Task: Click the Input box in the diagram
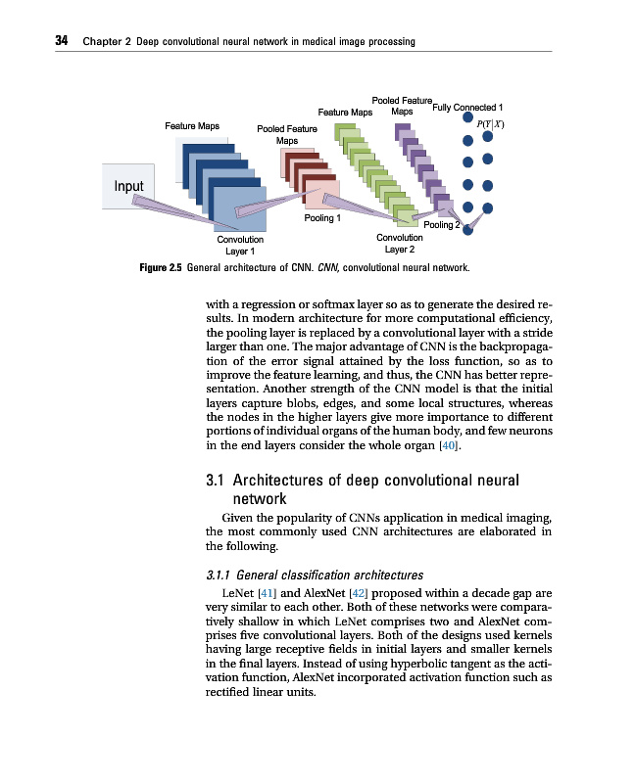[x=128, y=186]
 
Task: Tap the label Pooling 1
[x=322, y=218]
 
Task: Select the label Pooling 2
[x=441, y=225]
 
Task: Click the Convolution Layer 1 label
[x=240, y=245]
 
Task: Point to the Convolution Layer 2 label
[x=400, y=243]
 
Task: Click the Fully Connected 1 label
[x=467, y=107]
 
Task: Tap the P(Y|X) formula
[x=489, y=123]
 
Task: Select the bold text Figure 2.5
[x=162, y=266]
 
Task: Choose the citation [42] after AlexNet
[x=359, y=593]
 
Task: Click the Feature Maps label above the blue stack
[x=192, y=125]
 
